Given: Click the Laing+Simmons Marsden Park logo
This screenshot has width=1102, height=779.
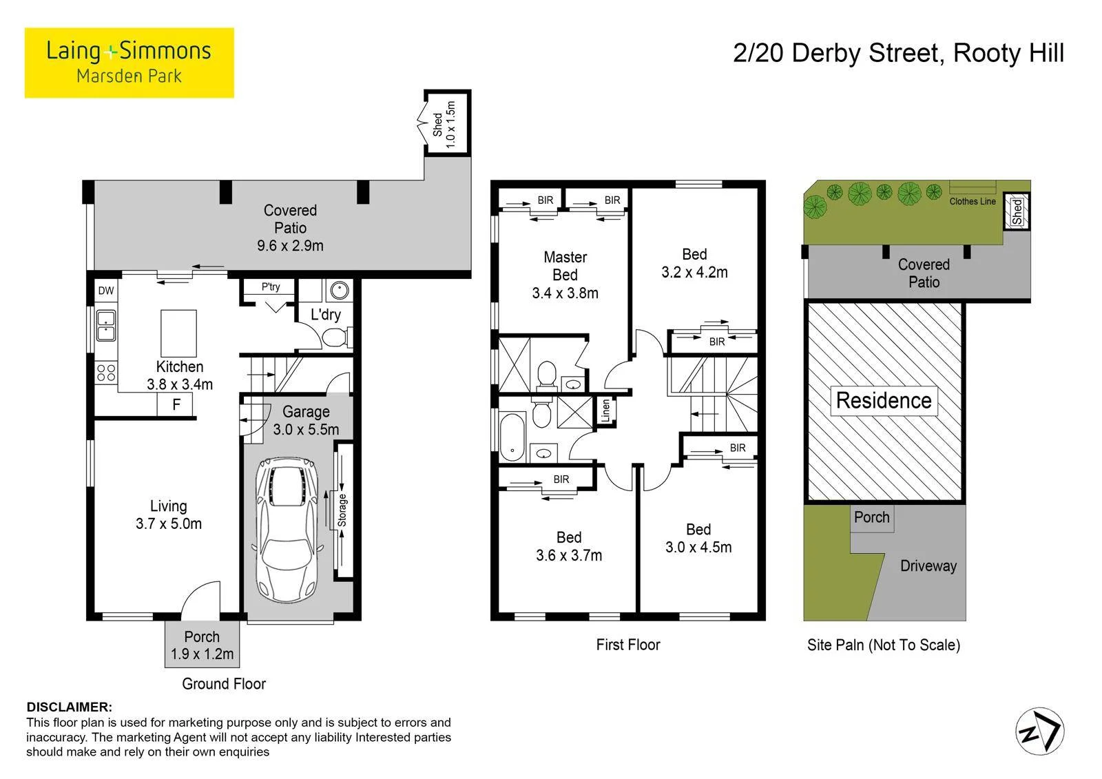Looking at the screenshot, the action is click(x=129, y=63).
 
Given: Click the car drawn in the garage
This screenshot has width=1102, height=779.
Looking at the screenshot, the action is click(x=288, y=530).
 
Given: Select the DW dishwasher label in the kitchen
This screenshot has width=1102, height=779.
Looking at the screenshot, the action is click(x=106, y=291).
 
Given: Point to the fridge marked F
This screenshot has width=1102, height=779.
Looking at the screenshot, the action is click(x=175, y=404).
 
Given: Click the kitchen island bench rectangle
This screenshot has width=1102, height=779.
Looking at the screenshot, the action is click(x=178, y=333).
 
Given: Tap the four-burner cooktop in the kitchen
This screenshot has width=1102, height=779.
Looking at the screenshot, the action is click(x=106, y=373).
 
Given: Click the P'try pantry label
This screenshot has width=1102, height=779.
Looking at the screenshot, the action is click(x=271, y=287).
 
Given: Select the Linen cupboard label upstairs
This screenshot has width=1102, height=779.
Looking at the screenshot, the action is click(x=605, y=411).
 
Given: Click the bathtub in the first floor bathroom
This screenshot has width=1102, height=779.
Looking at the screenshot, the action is click(x=512, y=437).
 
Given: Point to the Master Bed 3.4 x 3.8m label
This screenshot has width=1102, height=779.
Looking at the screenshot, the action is click(x=565, y=275).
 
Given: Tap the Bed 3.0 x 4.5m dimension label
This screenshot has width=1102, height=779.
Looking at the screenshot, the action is click(x=698, y=538).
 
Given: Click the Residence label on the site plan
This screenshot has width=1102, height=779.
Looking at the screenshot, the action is click(x=884, y=400).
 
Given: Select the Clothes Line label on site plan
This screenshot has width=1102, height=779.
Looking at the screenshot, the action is click(x=972, y=201).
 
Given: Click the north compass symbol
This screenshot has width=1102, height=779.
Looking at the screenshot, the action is click(x=1039, y=731).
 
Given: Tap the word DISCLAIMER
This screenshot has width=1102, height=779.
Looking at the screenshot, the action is click(x=70, y=707).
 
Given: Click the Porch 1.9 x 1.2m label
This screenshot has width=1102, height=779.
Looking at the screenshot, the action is click(x=202, y=645).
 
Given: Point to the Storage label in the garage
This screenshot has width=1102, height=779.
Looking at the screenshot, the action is click(x=342, y=510).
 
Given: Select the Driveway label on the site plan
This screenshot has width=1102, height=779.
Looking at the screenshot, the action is click(x=928, y=566).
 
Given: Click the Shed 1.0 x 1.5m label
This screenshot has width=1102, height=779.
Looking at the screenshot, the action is click(x=444, y=125).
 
